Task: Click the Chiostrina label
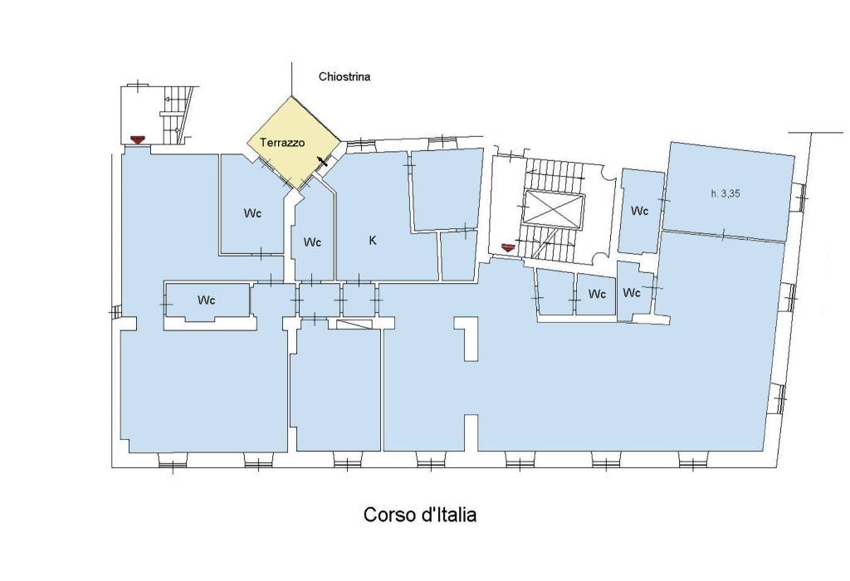pyautogui.click(x=344, y=76)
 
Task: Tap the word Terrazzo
pyautogui.click(x=282, y=143)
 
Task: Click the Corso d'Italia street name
pyautogui.click(x=419, y=515)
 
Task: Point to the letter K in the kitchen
pyautogui.click(x=373, y=240)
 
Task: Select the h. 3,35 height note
pyautogui.click(x=725, y=193)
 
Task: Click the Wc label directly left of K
pyautogui.click(x=312, y=242)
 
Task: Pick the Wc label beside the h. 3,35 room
pyautogui.click(x=640, y=210)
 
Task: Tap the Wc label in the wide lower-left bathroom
pyautogui.click(x=207, y=300)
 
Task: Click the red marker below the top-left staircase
pyautogui.click(x=138, y=139)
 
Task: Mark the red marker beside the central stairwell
pyautogui.click(x=507, y=247)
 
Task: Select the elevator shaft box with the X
pyautogui.click(x=553, y=208)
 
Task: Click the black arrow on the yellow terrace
pyautogui.click(x=323, y=162)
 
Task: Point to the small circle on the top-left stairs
pyautogui.click(x=178, y=130)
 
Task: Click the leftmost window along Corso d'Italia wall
pyautogui.click(x=173, y=462)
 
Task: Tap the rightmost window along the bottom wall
pyautogui.click(x=693, y=461)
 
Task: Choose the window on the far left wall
pyautogui.click(x=115, y=311)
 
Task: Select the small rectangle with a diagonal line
pyautogui.click(x=354, y=324)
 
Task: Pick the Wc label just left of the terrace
pyautogui.click(x=252, y=213)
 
